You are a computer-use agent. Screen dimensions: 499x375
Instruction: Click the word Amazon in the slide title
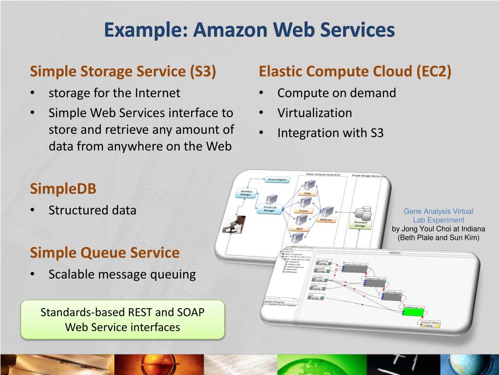pyautogui.click(x=230, y=30)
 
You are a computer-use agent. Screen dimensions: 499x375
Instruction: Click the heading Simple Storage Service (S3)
pyautogui.click(x=123, y=72)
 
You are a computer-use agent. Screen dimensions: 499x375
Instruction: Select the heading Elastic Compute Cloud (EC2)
pyautogui.click(x=355, y=72)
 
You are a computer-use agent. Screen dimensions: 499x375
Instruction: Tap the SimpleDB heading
pyautogui.click(x=63, y=188)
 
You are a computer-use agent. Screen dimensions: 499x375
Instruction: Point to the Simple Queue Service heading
pyautogui.click(x=105, y=253)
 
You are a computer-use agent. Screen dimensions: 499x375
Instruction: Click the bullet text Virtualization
pyautogui.click(x=314, y=113)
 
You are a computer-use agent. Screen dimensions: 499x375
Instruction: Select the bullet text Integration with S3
pyautogui.click(x=330, y=133)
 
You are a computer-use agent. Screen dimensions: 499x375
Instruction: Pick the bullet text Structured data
pyautogui.click(x=92, y=210)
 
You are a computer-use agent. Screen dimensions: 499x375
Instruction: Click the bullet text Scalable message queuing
pyautogui.click(x=122, y=274)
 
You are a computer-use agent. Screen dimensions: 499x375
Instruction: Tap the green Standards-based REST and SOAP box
pyautogui.click(x=122, y=319)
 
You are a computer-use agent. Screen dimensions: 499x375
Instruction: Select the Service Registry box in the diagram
pyautogui.click(x=278, y=180)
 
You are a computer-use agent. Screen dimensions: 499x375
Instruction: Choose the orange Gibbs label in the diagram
pyautogui.click(x=307, y=193)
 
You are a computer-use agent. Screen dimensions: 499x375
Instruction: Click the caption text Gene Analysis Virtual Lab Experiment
pyautogui.click(x=438, y=215)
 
